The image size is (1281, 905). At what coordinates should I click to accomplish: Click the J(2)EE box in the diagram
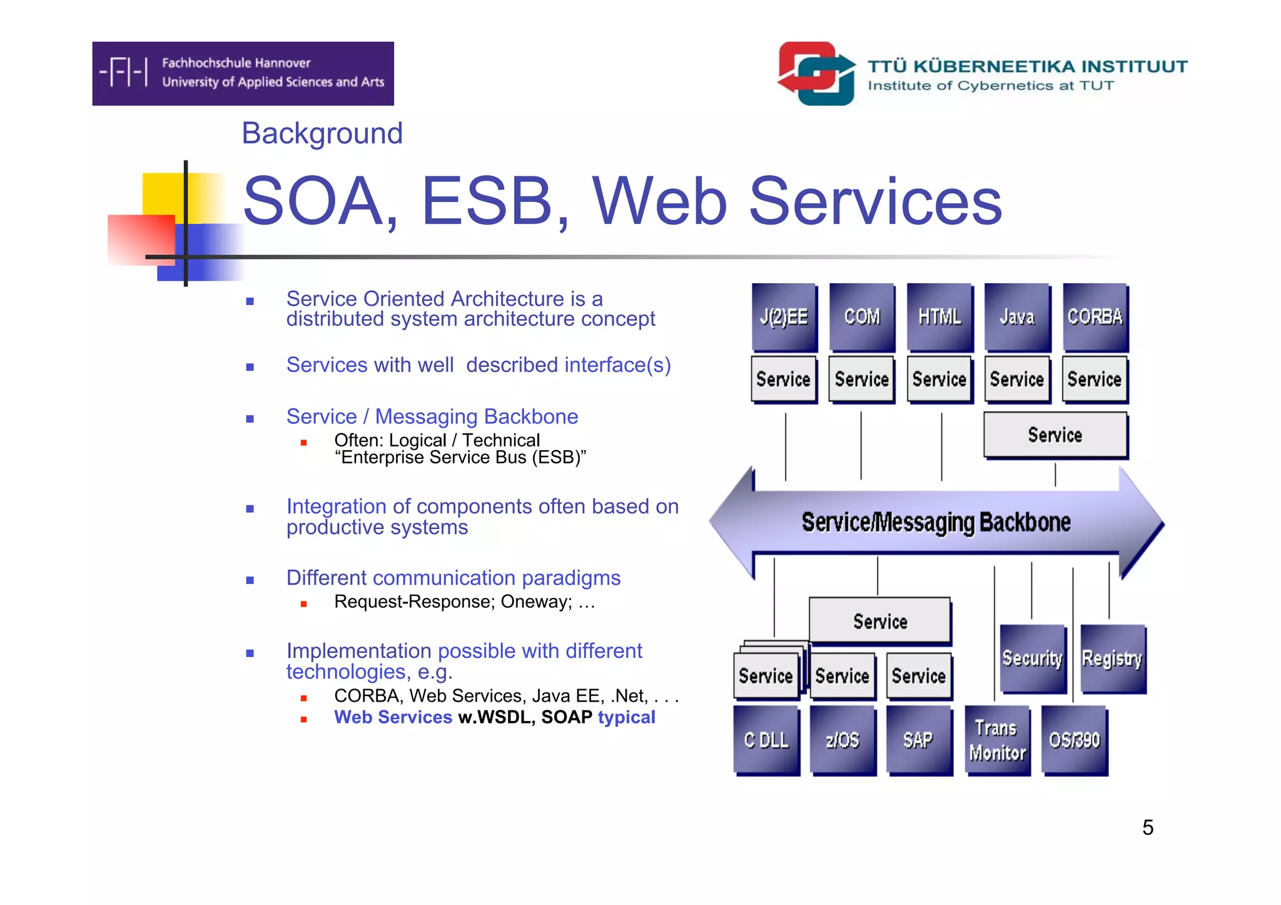(784, 317)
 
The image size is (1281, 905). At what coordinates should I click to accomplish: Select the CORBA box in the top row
(1095, 317)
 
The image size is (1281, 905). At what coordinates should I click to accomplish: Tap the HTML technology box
(939, 317)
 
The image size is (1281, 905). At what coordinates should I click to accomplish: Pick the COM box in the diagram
(862, 317)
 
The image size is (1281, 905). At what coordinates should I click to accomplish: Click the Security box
(1033, 659)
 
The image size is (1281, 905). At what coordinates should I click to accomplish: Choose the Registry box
(1112, 659)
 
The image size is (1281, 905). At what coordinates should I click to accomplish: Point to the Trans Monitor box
(997, 741)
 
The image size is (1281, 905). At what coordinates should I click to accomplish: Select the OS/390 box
(1074, 741)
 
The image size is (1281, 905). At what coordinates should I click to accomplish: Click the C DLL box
(766, 741)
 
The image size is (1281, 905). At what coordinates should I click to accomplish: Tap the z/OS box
(843, 741)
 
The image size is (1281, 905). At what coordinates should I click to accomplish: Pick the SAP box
(919, 741)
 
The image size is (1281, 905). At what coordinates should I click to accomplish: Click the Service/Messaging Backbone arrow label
(936, 522)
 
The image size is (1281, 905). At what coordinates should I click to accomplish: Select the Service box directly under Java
(1017, 379)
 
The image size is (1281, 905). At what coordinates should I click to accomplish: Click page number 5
(1148, 827)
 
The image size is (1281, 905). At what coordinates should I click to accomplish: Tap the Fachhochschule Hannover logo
(243, 73)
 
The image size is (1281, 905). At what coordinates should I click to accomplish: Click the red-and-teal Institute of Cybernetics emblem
(816, 73)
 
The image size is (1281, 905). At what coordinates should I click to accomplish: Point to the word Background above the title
(322, 133)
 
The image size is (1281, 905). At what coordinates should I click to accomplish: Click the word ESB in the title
(487, 201)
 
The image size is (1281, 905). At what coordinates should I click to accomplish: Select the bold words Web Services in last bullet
(393, 717)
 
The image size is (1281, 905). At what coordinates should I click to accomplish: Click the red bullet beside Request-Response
(304, 604)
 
